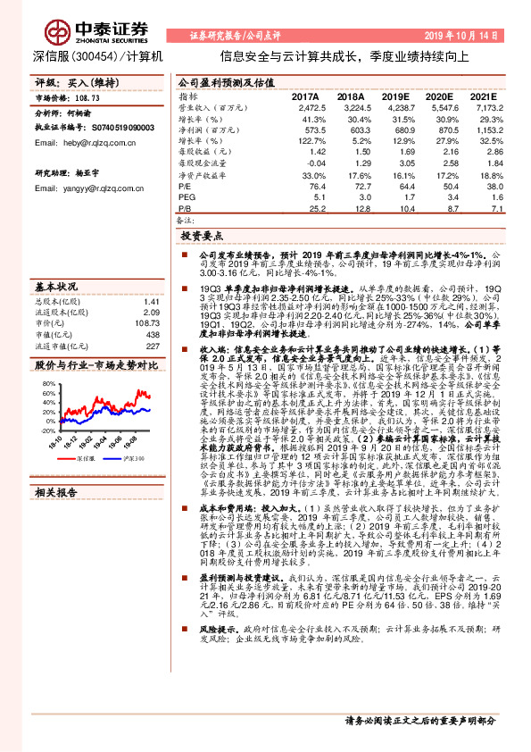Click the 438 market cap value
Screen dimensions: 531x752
click(x=152, y=334)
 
